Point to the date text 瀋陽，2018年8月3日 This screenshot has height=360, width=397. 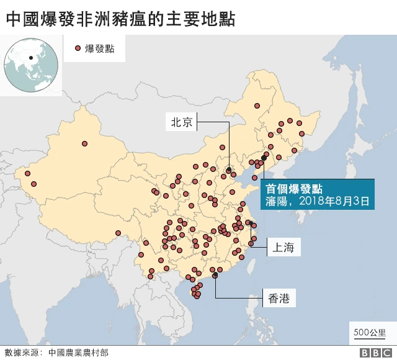pos(317,202)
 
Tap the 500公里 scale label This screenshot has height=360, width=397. pos(370,332)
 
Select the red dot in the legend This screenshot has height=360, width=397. pos(78,48)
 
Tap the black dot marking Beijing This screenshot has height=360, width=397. pos(229,169)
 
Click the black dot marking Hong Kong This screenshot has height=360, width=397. pos(215,276)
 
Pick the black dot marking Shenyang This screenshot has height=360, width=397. pos(264,158)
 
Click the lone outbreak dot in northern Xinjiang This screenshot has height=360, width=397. pos(84,144)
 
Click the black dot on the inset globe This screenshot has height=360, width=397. pos(30,59)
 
